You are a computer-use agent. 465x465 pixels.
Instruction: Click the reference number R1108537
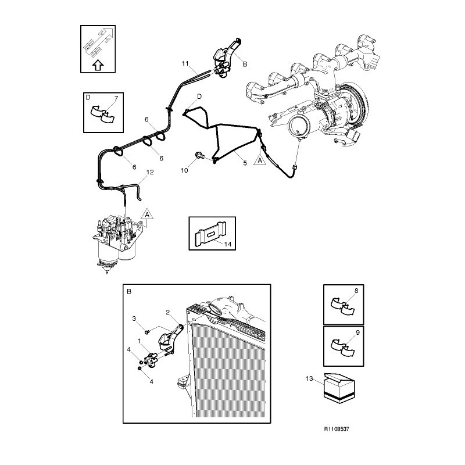pos(337,429)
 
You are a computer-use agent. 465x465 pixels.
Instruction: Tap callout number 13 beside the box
pos(309,378)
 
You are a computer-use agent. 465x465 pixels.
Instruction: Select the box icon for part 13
pos(339,388)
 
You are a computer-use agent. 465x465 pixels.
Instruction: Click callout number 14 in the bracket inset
pos(228,244)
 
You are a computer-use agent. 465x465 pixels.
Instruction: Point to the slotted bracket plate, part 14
pos(210,234)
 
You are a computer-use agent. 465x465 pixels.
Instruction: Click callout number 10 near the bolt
pos(184,170)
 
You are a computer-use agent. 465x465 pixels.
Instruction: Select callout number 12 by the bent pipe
pos(150,172)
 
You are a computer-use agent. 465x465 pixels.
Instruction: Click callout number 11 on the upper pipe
pos(185,63)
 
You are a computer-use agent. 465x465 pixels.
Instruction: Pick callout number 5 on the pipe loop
pos(245,163)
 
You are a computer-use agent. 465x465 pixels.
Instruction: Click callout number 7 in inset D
pos(116,98)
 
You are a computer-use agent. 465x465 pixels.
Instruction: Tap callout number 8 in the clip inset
pos(356,291)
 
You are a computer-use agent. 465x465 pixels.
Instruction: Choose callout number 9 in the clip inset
pos(357,332)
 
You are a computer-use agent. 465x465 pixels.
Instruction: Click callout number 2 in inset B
pos(168,312)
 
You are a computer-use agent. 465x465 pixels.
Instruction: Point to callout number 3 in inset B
pos(134,319)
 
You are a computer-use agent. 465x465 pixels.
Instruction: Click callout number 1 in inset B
pos(139,341)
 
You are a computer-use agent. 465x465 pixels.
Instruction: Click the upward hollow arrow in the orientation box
pos(98,65)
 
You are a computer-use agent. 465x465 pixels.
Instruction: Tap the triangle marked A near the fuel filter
pos(147,214)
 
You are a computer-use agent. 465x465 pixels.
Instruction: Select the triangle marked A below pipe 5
pos(260,160)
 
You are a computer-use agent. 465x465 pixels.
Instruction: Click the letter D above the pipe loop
pos(199,96)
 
